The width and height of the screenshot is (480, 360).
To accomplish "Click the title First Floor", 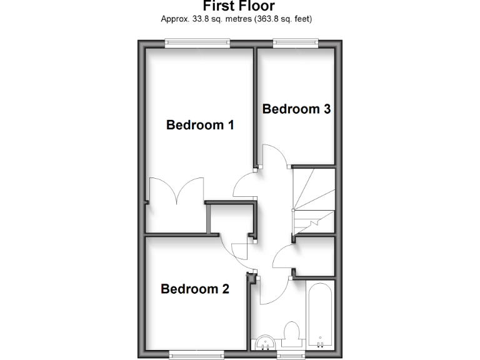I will (x=239, y=6).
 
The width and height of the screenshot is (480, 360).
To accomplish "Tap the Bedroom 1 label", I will (x=200, y=125).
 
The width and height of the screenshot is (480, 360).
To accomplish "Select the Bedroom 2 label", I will (x=195, y=289).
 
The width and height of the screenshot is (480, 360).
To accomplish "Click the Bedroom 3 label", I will (x=296, y=109).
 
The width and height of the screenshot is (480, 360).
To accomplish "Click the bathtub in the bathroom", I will (x=321, y=316).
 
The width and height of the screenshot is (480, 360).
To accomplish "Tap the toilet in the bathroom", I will (x=291, y=332).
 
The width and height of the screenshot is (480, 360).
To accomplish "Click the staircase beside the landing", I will (x=314, y=199).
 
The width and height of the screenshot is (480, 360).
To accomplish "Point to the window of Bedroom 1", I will (x=197, y=42).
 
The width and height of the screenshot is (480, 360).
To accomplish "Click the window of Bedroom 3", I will (x=296, y=42).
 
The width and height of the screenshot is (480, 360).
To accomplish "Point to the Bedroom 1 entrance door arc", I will (x=244, y=186).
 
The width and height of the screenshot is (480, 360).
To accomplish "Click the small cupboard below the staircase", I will (x=315, y=256).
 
